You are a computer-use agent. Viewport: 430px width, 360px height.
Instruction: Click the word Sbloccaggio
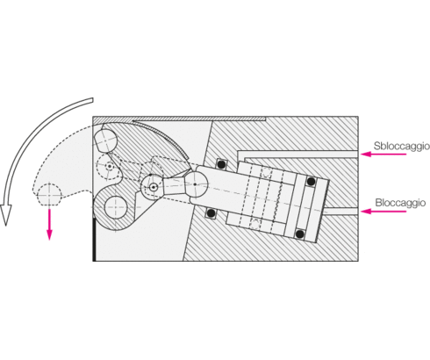(x=402, y=147)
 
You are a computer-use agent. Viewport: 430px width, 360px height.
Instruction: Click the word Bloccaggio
(x=400, y=203)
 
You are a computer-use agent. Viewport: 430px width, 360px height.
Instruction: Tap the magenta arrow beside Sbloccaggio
(x=383, y=154)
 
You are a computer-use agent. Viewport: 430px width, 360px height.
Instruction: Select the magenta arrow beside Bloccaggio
(x=383, y=211)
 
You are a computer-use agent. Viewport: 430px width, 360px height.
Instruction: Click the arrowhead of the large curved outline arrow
(x=6, y=214)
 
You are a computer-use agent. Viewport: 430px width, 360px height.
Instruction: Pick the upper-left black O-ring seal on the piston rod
(x=221, y=164)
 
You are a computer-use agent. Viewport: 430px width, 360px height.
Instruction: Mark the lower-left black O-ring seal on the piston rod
(x=211, y=213)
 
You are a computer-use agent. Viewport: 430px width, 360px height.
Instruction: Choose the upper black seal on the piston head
(x=311, y=182)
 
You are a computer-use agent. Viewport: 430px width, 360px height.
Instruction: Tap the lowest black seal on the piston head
(x=299, y=234)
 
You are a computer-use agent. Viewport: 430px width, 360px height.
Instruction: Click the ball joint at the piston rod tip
(x=195, y=184)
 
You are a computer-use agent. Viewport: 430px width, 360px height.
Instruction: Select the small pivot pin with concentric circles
(x=154, y=187)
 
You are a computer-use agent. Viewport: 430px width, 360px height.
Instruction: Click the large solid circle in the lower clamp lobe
(x=116, y=207)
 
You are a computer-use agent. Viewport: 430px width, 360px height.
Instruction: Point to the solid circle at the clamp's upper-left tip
(x=105, y=140)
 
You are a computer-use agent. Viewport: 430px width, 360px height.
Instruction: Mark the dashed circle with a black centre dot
(x=109, y=166)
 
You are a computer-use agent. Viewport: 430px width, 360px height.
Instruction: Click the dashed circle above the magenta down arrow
(x=49, y=195)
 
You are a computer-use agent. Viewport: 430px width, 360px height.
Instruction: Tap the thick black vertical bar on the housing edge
(x=94, y=239)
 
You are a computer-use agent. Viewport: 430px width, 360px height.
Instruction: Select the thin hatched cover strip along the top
(x=199, y=119)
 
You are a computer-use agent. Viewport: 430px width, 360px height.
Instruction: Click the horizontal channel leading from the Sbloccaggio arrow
(x=298, y=154)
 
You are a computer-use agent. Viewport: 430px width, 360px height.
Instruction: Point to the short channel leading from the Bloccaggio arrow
(x=341, y=211)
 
